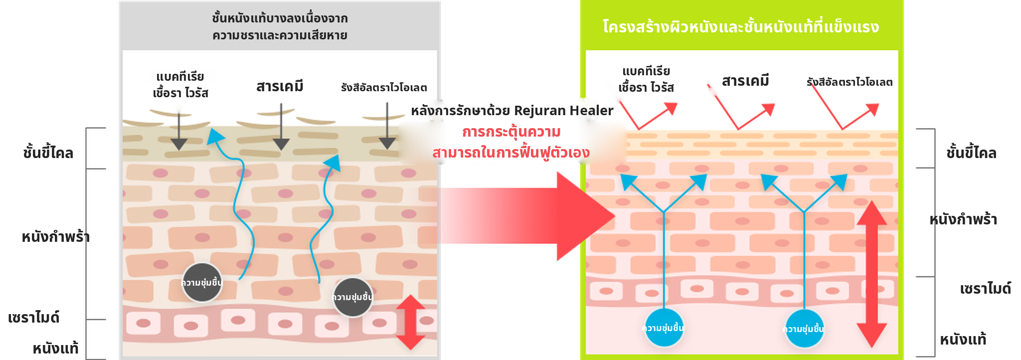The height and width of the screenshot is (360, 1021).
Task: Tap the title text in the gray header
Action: [280, 27]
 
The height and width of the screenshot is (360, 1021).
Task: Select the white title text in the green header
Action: [741, 26]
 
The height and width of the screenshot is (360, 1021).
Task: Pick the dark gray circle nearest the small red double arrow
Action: [353, 297]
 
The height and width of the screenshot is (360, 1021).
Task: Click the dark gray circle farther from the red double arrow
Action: [202, 283]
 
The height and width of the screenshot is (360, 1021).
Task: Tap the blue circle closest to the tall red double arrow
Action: [804, 329]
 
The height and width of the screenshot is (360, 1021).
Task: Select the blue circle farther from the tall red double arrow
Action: [664, 328]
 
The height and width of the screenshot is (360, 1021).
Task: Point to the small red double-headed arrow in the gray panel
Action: [410, 322]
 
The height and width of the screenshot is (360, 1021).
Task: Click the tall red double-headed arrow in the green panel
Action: [871, 274]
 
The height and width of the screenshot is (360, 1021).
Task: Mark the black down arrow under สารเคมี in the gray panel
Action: [281, 127]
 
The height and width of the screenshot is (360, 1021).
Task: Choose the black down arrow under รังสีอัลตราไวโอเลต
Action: [387, 126]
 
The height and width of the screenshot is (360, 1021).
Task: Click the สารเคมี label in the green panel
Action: [745, 81]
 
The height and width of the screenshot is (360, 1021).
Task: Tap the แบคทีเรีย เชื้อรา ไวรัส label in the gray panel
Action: [180, 85]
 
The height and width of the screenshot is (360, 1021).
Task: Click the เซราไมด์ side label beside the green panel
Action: [985, 288]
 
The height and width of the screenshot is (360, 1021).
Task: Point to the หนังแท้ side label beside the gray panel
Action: [55, 348]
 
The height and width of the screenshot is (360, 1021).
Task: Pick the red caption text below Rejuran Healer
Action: [511, 142]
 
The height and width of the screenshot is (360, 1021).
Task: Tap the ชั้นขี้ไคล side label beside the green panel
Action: [971, 153]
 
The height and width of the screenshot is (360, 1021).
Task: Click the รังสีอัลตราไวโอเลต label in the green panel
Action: [850, 82]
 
